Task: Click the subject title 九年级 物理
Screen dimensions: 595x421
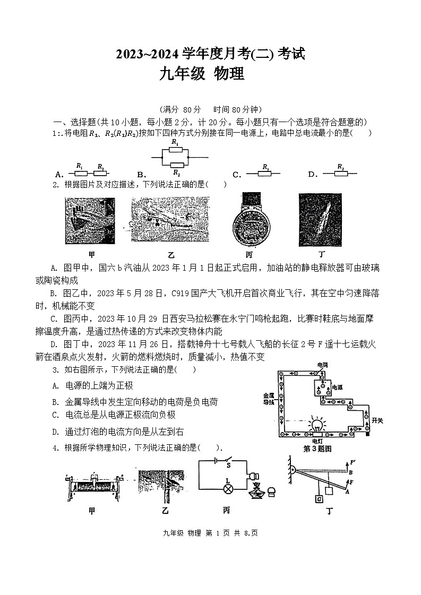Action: click(x=202, y=74)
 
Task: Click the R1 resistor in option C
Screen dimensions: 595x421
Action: click(x=266, y=173)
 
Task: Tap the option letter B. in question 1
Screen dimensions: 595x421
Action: click(x=141, y=175)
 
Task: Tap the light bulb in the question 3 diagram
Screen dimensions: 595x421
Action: click(x=317, y=424)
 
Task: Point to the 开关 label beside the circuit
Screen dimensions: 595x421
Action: click(x=377, y=420)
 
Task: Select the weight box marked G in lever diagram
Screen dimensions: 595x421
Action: click(x=319, y=499)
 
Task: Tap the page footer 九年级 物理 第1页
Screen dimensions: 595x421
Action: click(x=204, y=532)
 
